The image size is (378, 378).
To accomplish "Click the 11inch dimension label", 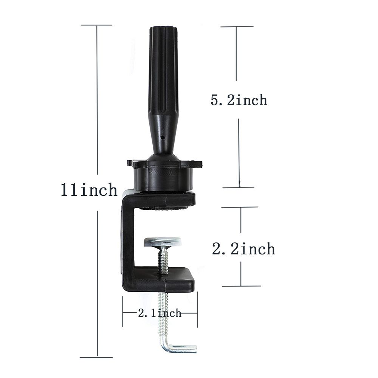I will click(x=89, y=190).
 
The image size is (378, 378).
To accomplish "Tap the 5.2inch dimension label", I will click(x=239, y=100).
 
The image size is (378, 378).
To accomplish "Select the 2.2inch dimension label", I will click(x=243, y=249).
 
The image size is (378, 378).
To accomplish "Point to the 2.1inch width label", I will click(x=160, y=313).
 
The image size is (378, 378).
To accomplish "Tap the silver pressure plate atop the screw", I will click(x=162, y=241).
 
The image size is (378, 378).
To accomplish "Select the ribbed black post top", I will click(x=163, y=68).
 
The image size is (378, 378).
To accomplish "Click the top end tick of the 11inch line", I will click(x=97, y=25).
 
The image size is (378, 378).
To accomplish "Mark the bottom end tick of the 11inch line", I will click(x=97, y=357).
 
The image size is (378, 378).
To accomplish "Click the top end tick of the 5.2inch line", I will click(x=237, y=27).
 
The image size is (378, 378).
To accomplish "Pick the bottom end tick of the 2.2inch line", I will click(x=241, y=286).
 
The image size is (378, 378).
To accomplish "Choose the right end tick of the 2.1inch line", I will click(x=197, y=313).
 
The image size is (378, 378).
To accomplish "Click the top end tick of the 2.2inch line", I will click(x=240, y=208).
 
